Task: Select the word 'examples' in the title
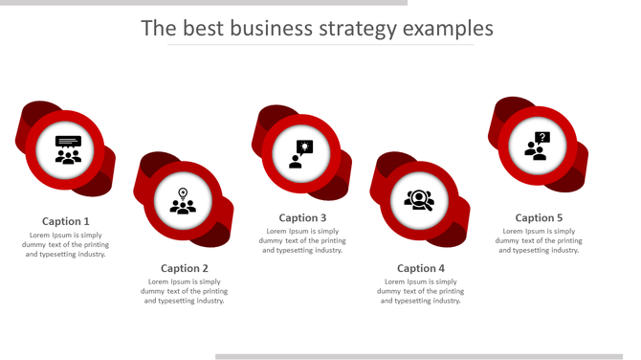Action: [448, 29]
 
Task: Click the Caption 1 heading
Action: [66, 221]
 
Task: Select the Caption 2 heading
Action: [185, 268]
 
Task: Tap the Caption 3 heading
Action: [302, 217]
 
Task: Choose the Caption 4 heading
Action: [421, 268]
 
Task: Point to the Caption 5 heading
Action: [539, 217]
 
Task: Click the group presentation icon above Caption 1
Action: [68, 150]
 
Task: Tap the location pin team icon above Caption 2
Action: [183, 201]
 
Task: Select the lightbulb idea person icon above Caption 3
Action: [301, 153]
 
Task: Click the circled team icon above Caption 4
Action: [419, 200]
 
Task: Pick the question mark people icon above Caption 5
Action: [537, 146]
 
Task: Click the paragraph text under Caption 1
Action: [66, 244]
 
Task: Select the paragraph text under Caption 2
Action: [185, 291]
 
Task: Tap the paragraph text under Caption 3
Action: [302, 240]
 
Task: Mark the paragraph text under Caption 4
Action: [421, 291]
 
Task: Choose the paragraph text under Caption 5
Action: [539, 240]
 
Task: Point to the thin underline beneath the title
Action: [320, 45]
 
